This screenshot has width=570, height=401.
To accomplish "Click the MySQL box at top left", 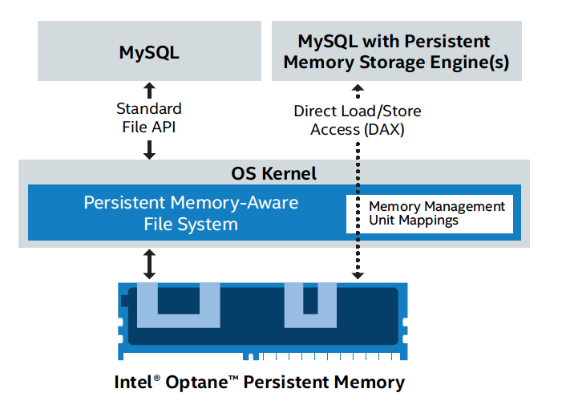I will click(x=149, y=51).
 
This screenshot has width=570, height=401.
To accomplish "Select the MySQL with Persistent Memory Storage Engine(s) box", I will click(x=396, y=51).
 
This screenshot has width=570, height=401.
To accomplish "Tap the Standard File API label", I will click(x=149, y=116).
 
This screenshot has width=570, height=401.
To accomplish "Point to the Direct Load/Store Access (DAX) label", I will click(x=357, y=119).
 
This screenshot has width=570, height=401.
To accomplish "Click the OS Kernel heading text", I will click(x=274, y=173).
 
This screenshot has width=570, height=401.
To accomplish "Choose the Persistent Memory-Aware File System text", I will click(x=191, y=213).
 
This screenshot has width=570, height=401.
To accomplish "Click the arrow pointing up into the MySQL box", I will click(x=149, y=89).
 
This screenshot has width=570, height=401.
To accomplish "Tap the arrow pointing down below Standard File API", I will click(x=149, y=148).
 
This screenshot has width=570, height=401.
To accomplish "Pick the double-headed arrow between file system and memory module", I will click(x=149, y=264).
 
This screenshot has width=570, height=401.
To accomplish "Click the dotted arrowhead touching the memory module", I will click(x=358, y=275).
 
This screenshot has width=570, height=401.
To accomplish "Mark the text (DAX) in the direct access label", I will click(x=382, y=128).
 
